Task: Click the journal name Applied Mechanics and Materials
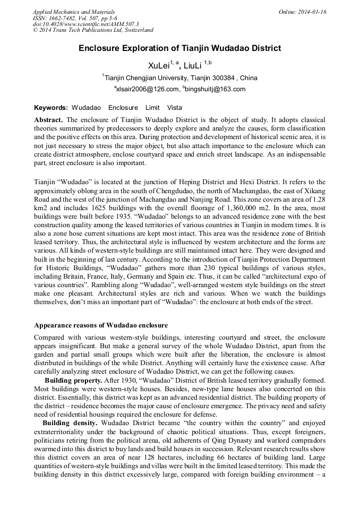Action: click(74, 12)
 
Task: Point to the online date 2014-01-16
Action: click(311, 12)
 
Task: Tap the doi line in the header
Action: click(85, 24)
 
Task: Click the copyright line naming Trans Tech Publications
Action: click(93, 31)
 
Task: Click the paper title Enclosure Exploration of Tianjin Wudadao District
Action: click(179, 49)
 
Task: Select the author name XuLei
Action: click(158, 66)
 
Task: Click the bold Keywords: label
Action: click(51, 107)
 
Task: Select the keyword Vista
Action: click(174, 107)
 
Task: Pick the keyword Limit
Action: click(152, 107)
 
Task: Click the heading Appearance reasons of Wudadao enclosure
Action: click(101, 325)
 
